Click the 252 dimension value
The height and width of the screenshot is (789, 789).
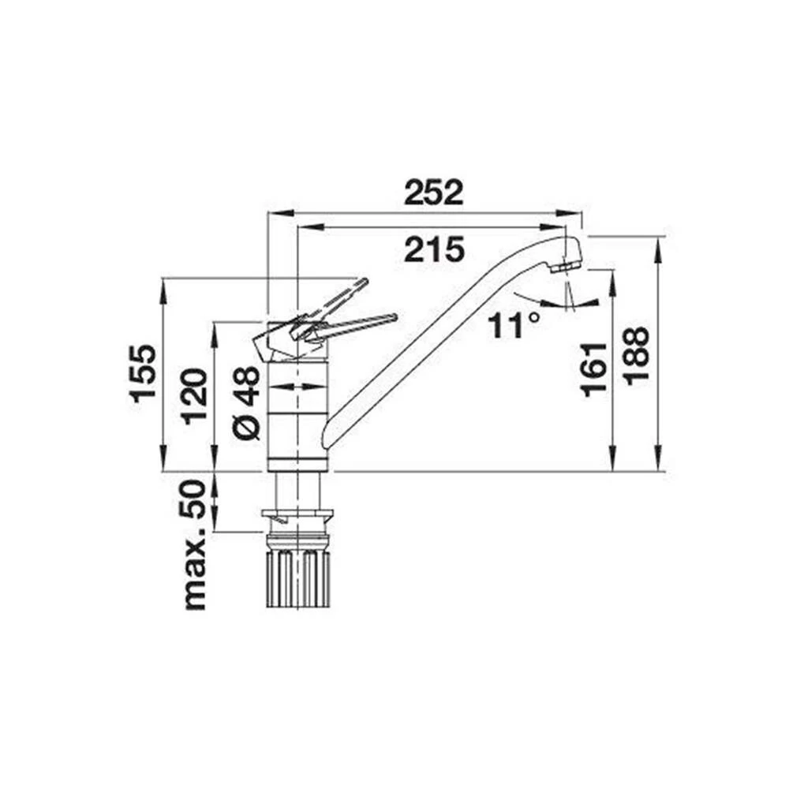(434, 193)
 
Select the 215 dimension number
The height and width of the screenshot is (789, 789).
(434, 249)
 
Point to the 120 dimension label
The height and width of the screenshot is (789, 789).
(194, 397)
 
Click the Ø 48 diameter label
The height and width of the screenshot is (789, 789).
(246, 402)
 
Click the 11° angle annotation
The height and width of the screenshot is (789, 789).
(514, 324)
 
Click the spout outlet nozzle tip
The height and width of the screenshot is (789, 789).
(567, 266)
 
